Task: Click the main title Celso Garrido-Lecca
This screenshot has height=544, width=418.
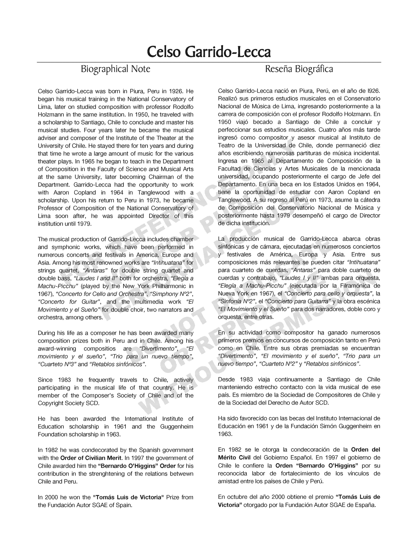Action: [x=209, y=52]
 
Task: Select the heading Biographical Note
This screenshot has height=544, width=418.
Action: [x=115, y=69]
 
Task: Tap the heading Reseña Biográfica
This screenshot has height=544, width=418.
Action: [x=299, y=69]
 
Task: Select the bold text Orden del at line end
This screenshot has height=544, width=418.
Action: [x=365, y=450]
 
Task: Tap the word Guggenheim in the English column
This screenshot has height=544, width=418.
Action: [x=176, y=426]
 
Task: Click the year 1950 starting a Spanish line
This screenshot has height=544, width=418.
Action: [x=224, y=122]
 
